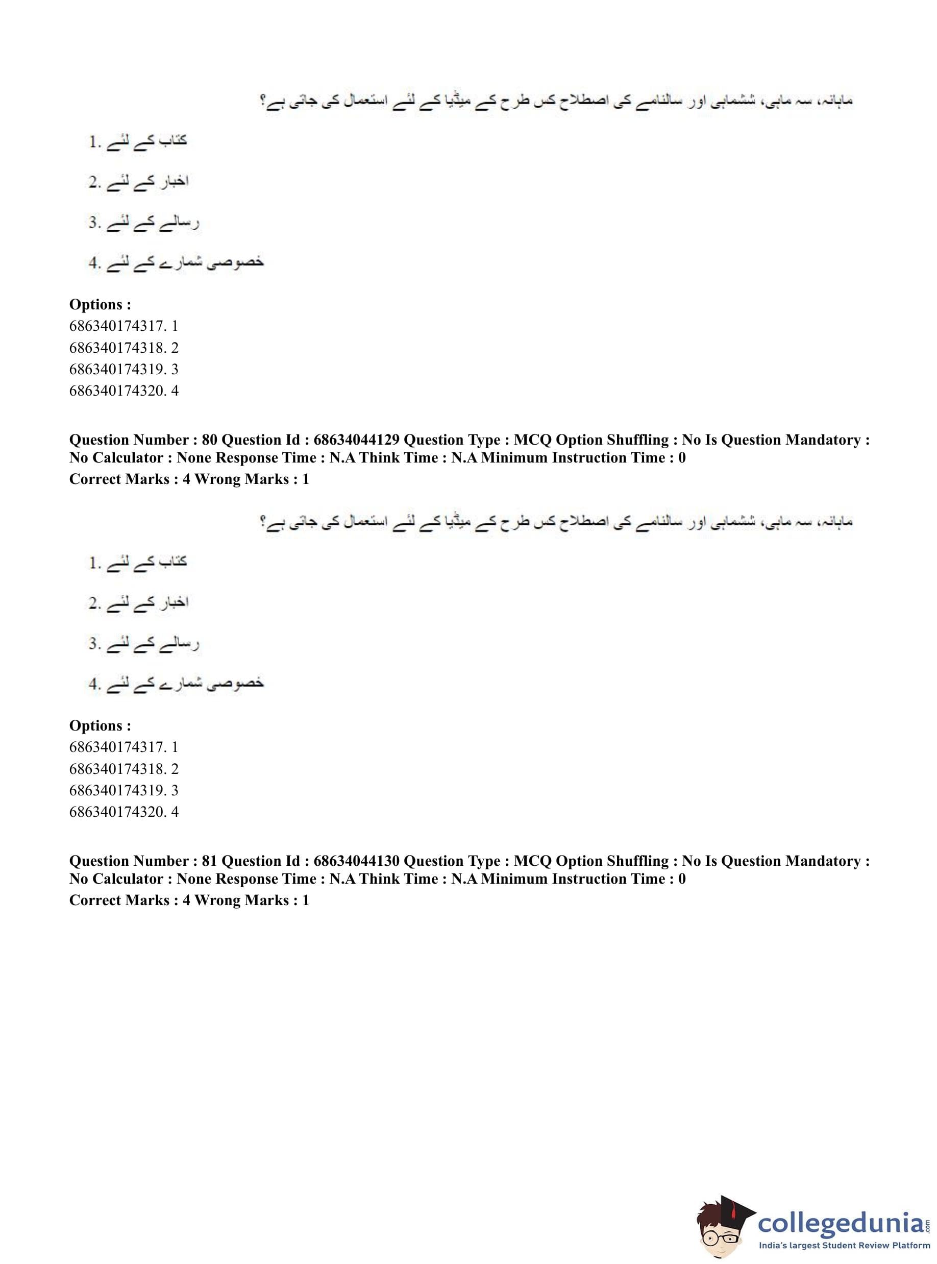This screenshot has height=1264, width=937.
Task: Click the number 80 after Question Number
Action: [209, 440]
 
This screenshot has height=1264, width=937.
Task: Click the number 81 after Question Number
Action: [209, 861]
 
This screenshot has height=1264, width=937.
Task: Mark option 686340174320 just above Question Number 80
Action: [124, 391]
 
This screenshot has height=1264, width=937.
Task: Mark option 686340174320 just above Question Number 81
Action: [124, 812]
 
